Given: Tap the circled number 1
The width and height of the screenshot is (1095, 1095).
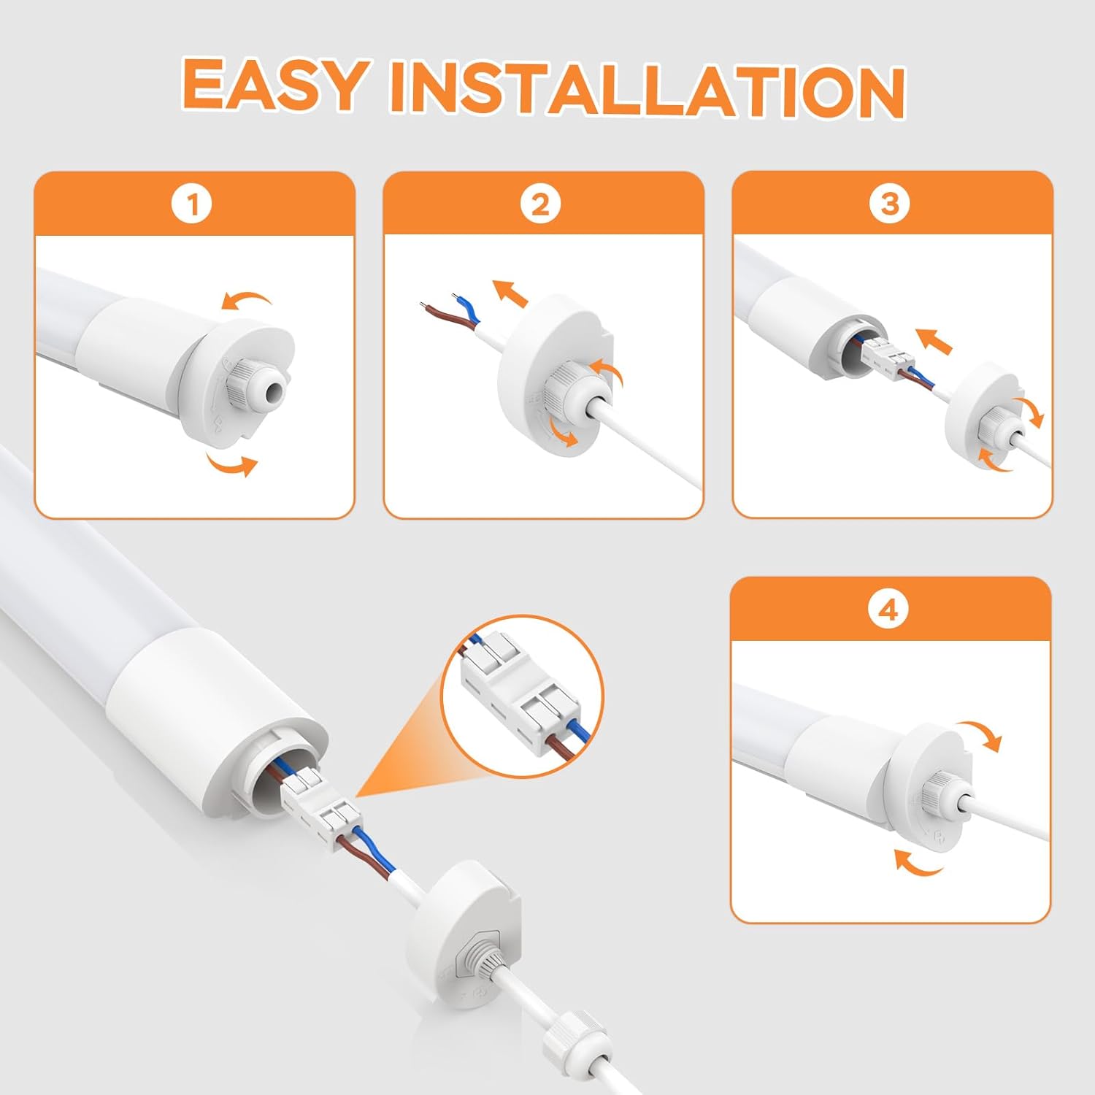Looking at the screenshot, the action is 192,204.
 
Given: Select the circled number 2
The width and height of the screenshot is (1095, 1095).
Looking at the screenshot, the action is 541,204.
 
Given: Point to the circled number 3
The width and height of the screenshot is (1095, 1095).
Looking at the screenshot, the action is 890,204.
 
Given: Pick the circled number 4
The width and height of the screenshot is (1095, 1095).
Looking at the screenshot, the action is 888,610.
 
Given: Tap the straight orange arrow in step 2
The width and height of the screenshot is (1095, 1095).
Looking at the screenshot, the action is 510,293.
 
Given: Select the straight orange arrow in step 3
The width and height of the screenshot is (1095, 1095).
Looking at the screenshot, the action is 934,341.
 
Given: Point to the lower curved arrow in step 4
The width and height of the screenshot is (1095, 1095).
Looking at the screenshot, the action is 918,862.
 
